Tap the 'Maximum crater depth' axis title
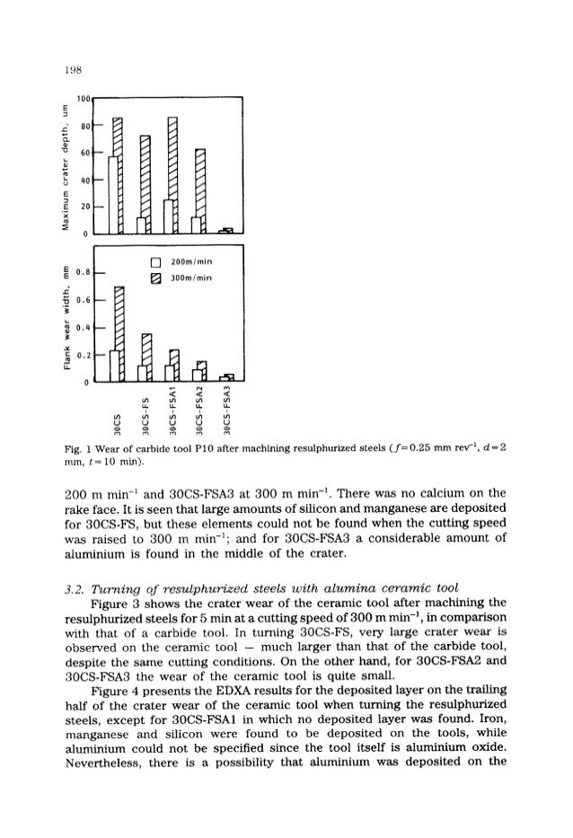(64, 167)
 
